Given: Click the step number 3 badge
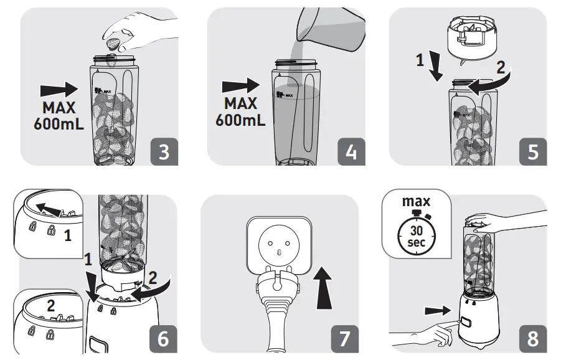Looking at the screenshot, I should [164, 152].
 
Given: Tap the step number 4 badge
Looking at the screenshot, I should [351, 152].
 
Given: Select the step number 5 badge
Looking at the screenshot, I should [533, 152].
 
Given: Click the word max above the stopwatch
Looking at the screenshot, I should [415, 202].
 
